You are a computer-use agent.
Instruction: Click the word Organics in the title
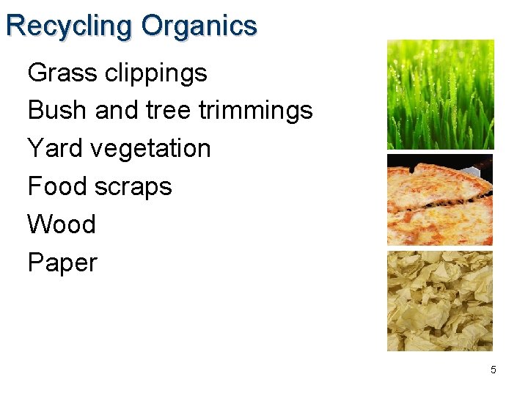point(199,26)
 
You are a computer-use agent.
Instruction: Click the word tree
point(169,111)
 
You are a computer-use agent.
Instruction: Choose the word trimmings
point(256,111)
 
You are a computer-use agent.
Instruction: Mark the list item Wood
point(62,224)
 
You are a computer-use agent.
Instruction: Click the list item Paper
point(62,263)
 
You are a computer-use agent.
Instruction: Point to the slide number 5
point(493,370)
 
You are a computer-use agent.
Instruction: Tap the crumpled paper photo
point(440,301)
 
